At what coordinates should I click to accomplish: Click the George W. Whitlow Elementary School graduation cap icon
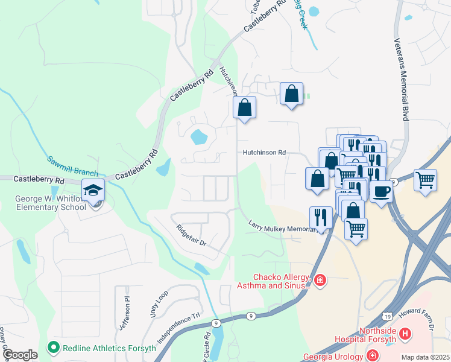pyautogui.click(x=93, y=190)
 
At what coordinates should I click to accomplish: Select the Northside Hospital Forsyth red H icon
pyautogui.click(x=405, y=333)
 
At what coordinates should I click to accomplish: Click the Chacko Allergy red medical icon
pyautogui.click(x=320, y=279)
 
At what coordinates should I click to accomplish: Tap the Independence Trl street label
pyautogui.click(x=178, y=328)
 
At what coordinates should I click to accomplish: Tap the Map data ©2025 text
pyautogui.click(x=425, y=357)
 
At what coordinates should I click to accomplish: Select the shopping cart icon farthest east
pyautogui.click(x=425, y=179)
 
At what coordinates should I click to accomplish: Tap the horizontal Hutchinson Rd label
pyautogui.click(x=264, y=153)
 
